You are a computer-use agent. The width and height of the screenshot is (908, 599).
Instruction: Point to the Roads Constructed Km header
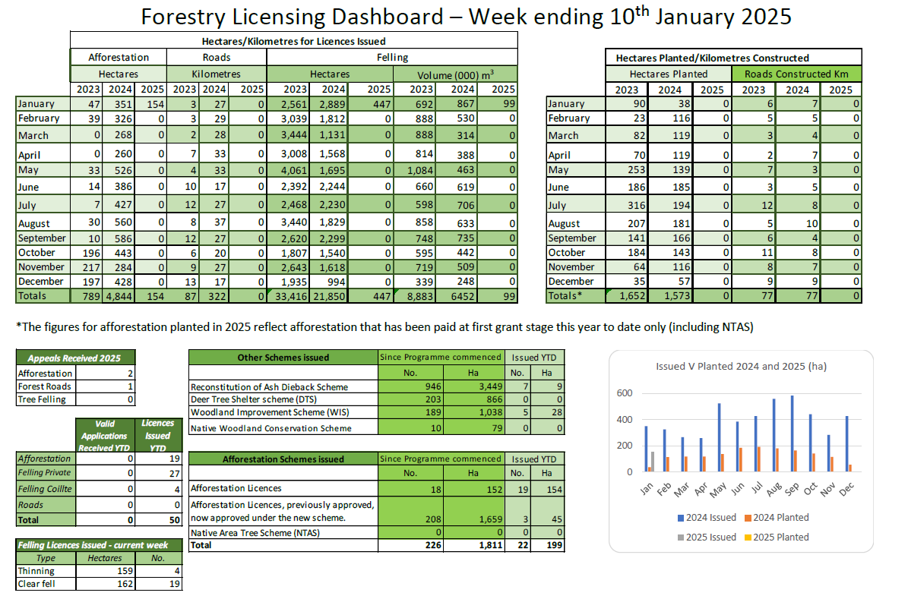click(x=797, y=74)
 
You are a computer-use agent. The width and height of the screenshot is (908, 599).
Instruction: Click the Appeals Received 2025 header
click(x=68, y=358)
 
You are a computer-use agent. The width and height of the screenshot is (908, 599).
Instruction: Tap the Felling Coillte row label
click(x=45, y=489)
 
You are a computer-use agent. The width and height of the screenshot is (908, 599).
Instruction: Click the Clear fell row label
click(x=36, y=584)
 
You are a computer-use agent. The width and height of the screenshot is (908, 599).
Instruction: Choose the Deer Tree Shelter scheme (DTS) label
click(x=259, y=400)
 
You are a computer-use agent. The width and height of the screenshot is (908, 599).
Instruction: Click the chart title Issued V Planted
click(x=741, y=366)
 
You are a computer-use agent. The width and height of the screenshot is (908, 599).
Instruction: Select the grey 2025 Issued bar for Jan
click(x=652, y=462)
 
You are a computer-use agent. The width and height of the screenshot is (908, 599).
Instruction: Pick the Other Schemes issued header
click(x=283, y=358)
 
